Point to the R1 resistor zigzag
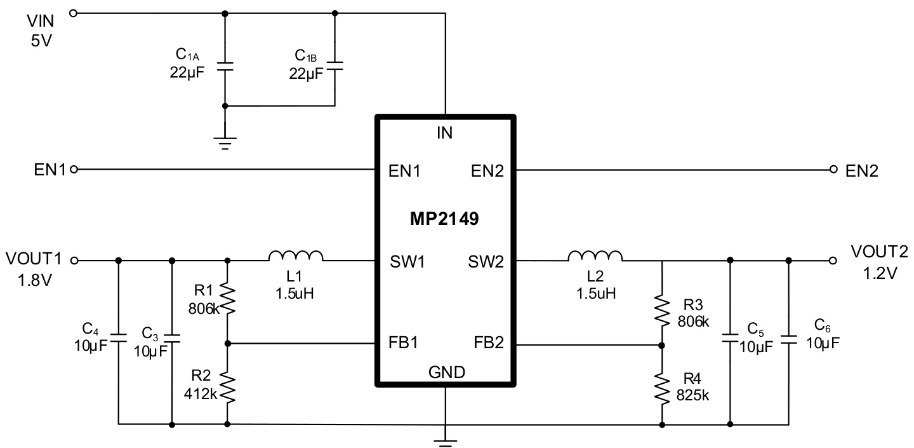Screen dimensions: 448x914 click(x=227, y=300)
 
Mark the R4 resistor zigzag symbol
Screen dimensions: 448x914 click(x=662, y=387)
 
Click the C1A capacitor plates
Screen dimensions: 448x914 click(x=225, y=65)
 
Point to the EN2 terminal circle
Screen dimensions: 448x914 click(x=834, y=170)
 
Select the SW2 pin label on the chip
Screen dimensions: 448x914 click(x=486, y=261)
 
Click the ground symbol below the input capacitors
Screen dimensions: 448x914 click(x=225, y=140)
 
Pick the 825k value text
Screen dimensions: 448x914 click(x=693, y=395)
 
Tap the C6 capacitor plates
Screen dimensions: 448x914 click(x=789, y=337)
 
